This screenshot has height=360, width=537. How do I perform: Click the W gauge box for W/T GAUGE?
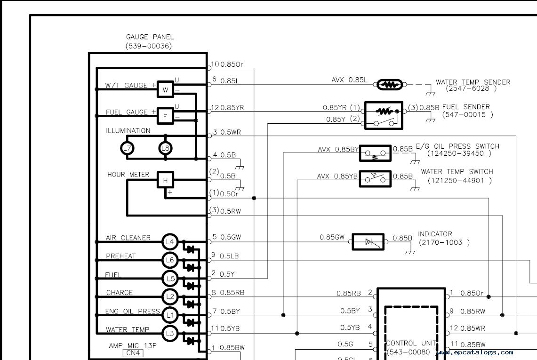point(165,89)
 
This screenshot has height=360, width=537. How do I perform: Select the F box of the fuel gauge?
point(165,116)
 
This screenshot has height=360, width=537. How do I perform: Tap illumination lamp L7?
point(127,148)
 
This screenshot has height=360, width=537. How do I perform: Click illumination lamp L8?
point(165,148)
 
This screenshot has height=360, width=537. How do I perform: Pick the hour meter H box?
point(165,180)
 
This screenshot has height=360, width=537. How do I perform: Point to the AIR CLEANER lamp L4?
point(170,242)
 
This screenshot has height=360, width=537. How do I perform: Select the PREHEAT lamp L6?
point(170,260)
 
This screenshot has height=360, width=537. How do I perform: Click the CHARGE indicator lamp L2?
point(170,296)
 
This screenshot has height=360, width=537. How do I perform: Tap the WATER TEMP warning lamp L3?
point(170,333)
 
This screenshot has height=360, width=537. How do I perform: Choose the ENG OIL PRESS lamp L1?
point(170,315)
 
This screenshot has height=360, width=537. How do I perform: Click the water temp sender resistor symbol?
point(390,85)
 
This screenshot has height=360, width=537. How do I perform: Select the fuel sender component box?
point(384,115)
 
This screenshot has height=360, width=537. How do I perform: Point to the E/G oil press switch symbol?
point(376,153)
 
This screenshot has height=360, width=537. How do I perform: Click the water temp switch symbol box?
point(376,179)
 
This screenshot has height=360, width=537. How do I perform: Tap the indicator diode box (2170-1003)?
point(368,242)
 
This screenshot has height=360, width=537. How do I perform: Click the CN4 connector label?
point(133,353)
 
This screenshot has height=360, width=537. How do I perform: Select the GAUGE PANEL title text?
point(150,37)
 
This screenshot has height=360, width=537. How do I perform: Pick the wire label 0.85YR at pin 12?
point(232,108)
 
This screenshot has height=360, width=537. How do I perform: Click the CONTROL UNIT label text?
point(411,343)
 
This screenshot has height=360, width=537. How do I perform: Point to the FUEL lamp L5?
point(170,279)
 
